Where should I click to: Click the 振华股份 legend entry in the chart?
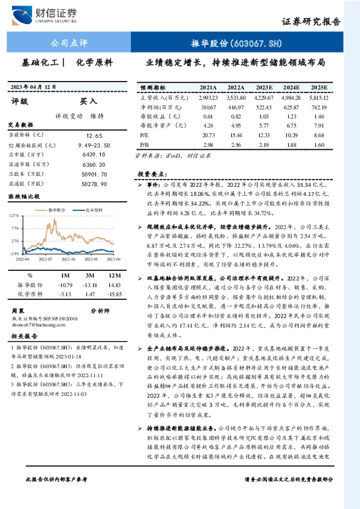(54, 209)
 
